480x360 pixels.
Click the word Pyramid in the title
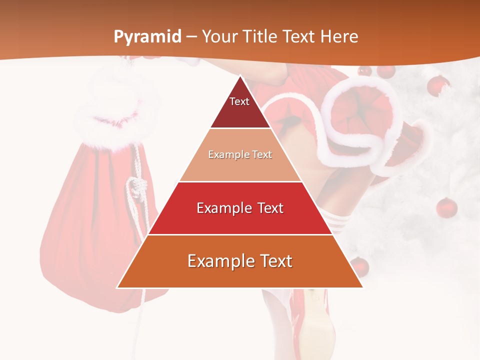pos(147,37)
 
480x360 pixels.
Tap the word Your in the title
pos(220,37)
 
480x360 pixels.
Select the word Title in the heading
pos(261,37)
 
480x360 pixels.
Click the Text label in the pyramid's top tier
pos(239,101)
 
